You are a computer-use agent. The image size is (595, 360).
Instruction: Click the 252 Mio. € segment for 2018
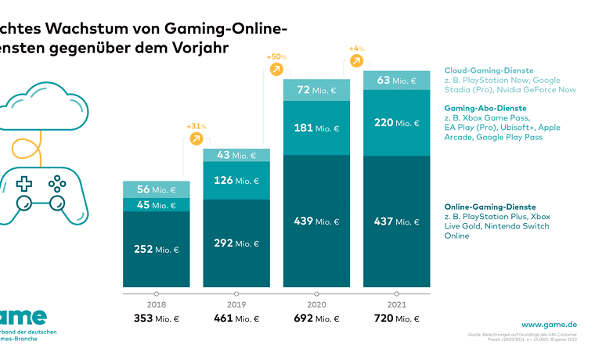pos(157,249)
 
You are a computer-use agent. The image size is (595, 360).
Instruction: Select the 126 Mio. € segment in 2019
pos(236,181)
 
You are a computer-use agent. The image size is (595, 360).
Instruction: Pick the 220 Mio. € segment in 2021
pos(396,122)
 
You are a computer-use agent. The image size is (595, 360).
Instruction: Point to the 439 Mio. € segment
pos(316,221)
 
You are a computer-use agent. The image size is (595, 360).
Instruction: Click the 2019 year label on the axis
pos(236,304)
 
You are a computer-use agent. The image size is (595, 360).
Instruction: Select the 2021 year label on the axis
pos(395,304)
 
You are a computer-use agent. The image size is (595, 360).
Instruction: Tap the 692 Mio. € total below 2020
pos(316,319)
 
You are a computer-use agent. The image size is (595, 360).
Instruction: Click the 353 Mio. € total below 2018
pos(157,319)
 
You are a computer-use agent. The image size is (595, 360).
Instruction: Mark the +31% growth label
pos(196,125)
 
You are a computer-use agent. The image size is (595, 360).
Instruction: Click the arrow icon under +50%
pos(276,69)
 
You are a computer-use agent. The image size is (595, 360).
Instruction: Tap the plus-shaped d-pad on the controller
pos(24,185)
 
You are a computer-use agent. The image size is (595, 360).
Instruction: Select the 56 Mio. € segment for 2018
pos(157,189)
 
